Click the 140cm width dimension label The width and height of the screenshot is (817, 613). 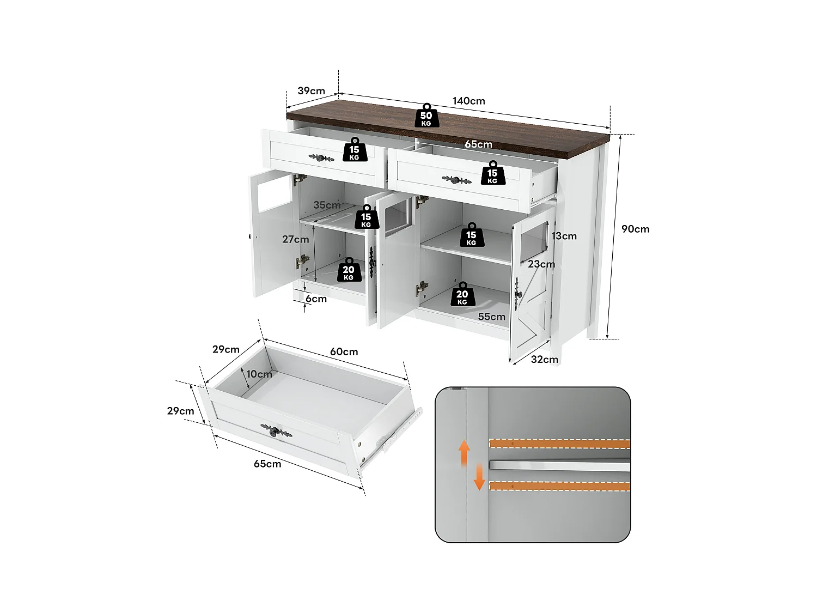pos(468,101)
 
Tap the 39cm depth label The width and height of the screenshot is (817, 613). pos(311,90)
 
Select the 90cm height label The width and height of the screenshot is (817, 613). pos(635,229)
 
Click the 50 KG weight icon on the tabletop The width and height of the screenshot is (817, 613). pos(426,116)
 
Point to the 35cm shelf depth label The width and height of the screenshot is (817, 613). pos(327,205)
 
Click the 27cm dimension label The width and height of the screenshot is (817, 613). pos(295,239)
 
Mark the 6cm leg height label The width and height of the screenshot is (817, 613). pos(316,299)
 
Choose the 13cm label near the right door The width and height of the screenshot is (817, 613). pos(564,236)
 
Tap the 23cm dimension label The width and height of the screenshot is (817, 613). pos(541,264)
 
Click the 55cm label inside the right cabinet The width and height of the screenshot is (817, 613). pos(491,317)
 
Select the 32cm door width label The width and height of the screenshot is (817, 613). pos(544,359)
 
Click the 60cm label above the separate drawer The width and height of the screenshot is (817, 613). pos(344,351)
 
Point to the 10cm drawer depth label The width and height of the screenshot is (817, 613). pos(259,374)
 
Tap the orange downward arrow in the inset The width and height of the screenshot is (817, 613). pos(479,477)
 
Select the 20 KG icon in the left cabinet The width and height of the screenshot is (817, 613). pos(349,270)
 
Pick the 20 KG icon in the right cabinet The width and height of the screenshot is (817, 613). pos(462,295)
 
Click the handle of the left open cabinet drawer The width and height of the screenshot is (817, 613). pos(321,158)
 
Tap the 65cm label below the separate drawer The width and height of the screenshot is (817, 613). pos(267,464)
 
